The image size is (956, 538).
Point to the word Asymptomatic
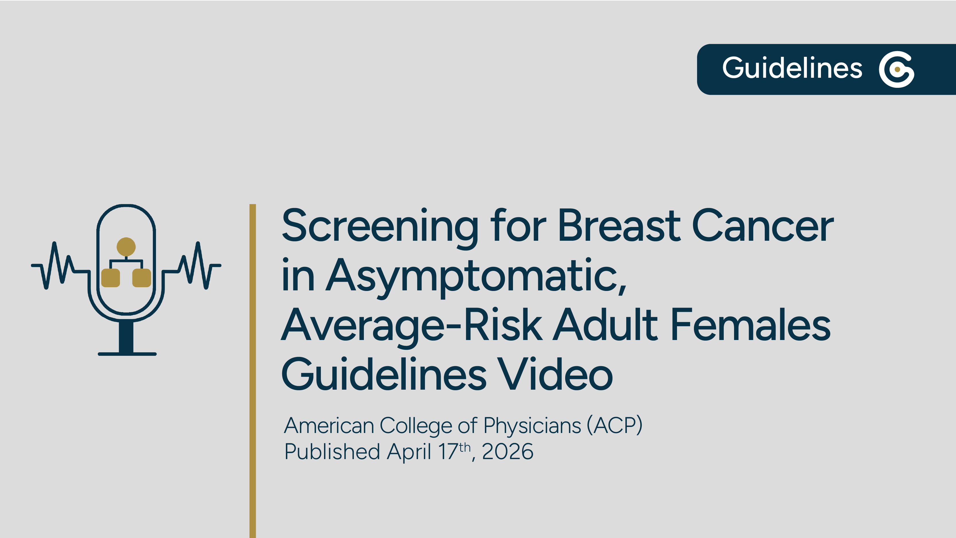476,276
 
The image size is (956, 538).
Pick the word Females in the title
750,325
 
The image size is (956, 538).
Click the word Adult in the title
605,325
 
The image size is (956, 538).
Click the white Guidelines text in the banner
792,68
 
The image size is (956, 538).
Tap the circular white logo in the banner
896,69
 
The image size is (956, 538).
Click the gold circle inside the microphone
126,246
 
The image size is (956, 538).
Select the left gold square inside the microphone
111,278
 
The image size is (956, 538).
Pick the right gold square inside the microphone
141,278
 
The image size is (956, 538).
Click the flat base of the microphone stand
127,354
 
